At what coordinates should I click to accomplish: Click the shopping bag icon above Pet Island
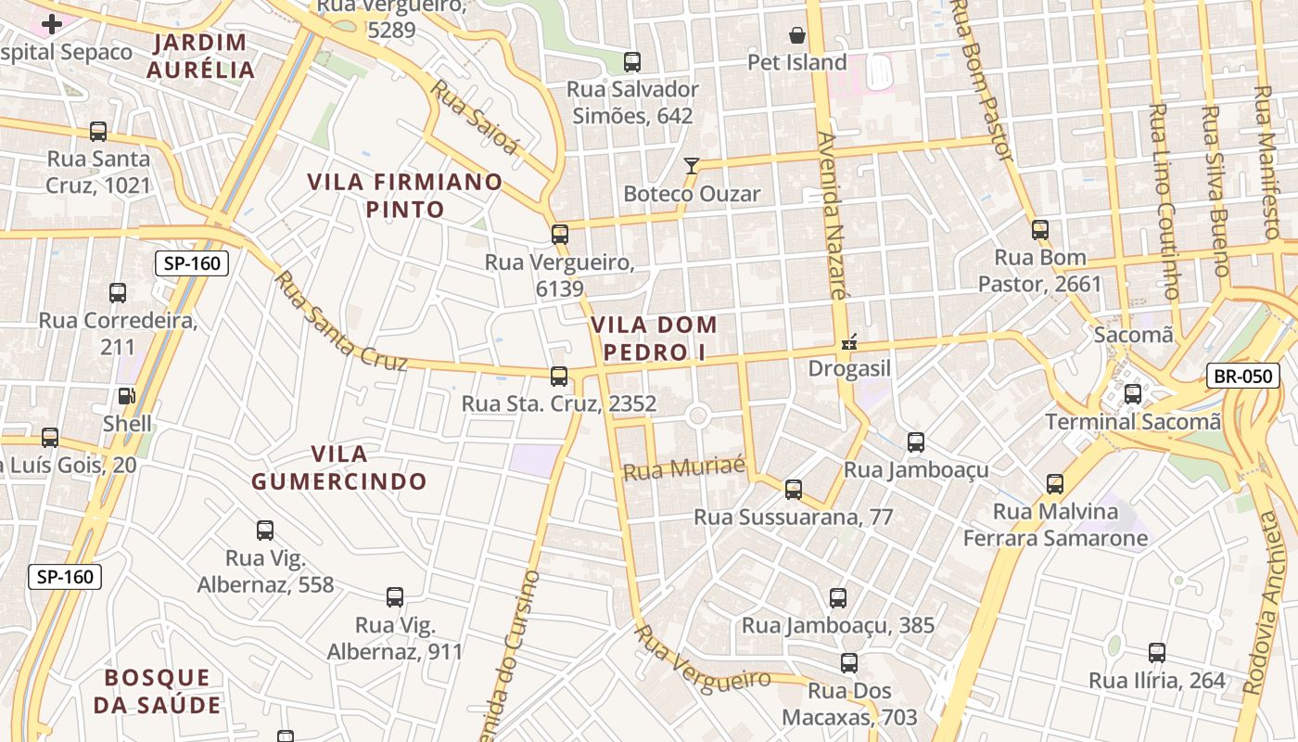pos(797,36)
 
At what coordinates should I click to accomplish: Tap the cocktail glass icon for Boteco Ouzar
pos(691,166)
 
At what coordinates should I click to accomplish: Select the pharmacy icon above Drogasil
pos(847,342)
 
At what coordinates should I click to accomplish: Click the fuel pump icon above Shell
pos(125,396)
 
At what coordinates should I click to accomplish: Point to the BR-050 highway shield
pos(1242,376)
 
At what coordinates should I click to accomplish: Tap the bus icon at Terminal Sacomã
pos(1132,394)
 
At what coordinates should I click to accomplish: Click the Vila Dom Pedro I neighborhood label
pos(654,339)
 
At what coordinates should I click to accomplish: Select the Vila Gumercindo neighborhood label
pos(339,467)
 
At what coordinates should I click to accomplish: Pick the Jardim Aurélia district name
pos(200,56)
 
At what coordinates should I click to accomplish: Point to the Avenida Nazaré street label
pos(832,214)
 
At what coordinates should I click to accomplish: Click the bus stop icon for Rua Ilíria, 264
pos(1156,652)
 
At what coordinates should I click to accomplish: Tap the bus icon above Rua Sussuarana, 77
pos(793,490)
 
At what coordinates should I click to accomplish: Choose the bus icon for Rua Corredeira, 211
pos(118,293)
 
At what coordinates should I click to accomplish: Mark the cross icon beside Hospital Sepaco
pos(52,23)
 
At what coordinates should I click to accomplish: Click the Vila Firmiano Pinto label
pos(405,196)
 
